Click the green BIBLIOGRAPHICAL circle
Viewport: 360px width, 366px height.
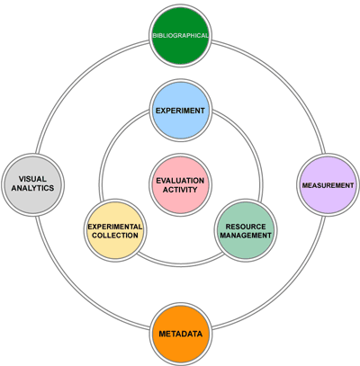coord(180,36)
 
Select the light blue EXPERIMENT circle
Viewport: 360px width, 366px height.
coord(181,111)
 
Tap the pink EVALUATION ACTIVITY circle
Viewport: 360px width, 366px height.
coord(180,185)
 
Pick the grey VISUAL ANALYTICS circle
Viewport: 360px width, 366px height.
coord(33,183)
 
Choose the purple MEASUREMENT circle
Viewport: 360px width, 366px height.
coord(328,185)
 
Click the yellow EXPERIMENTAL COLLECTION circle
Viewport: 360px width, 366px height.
coord(115,230)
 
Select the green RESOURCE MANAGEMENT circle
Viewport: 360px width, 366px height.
coord(246,230)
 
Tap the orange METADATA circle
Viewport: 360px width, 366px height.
coord(181,334)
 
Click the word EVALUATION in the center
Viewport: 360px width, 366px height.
coord(180,181)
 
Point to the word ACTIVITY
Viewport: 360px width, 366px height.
coord(180,190)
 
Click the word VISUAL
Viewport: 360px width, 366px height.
coord(32,179)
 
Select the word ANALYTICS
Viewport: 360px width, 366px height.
coord(32,188)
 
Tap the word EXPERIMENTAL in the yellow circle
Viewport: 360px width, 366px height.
coord(115,227)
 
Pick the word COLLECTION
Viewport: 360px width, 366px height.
coord(115,236)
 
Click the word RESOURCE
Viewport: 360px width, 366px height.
coord(246,227)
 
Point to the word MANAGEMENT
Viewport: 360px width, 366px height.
coord(246,236)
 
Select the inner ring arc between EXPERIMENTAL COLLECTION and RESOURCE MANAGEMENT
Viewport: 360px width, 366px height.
coord(181,264)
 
